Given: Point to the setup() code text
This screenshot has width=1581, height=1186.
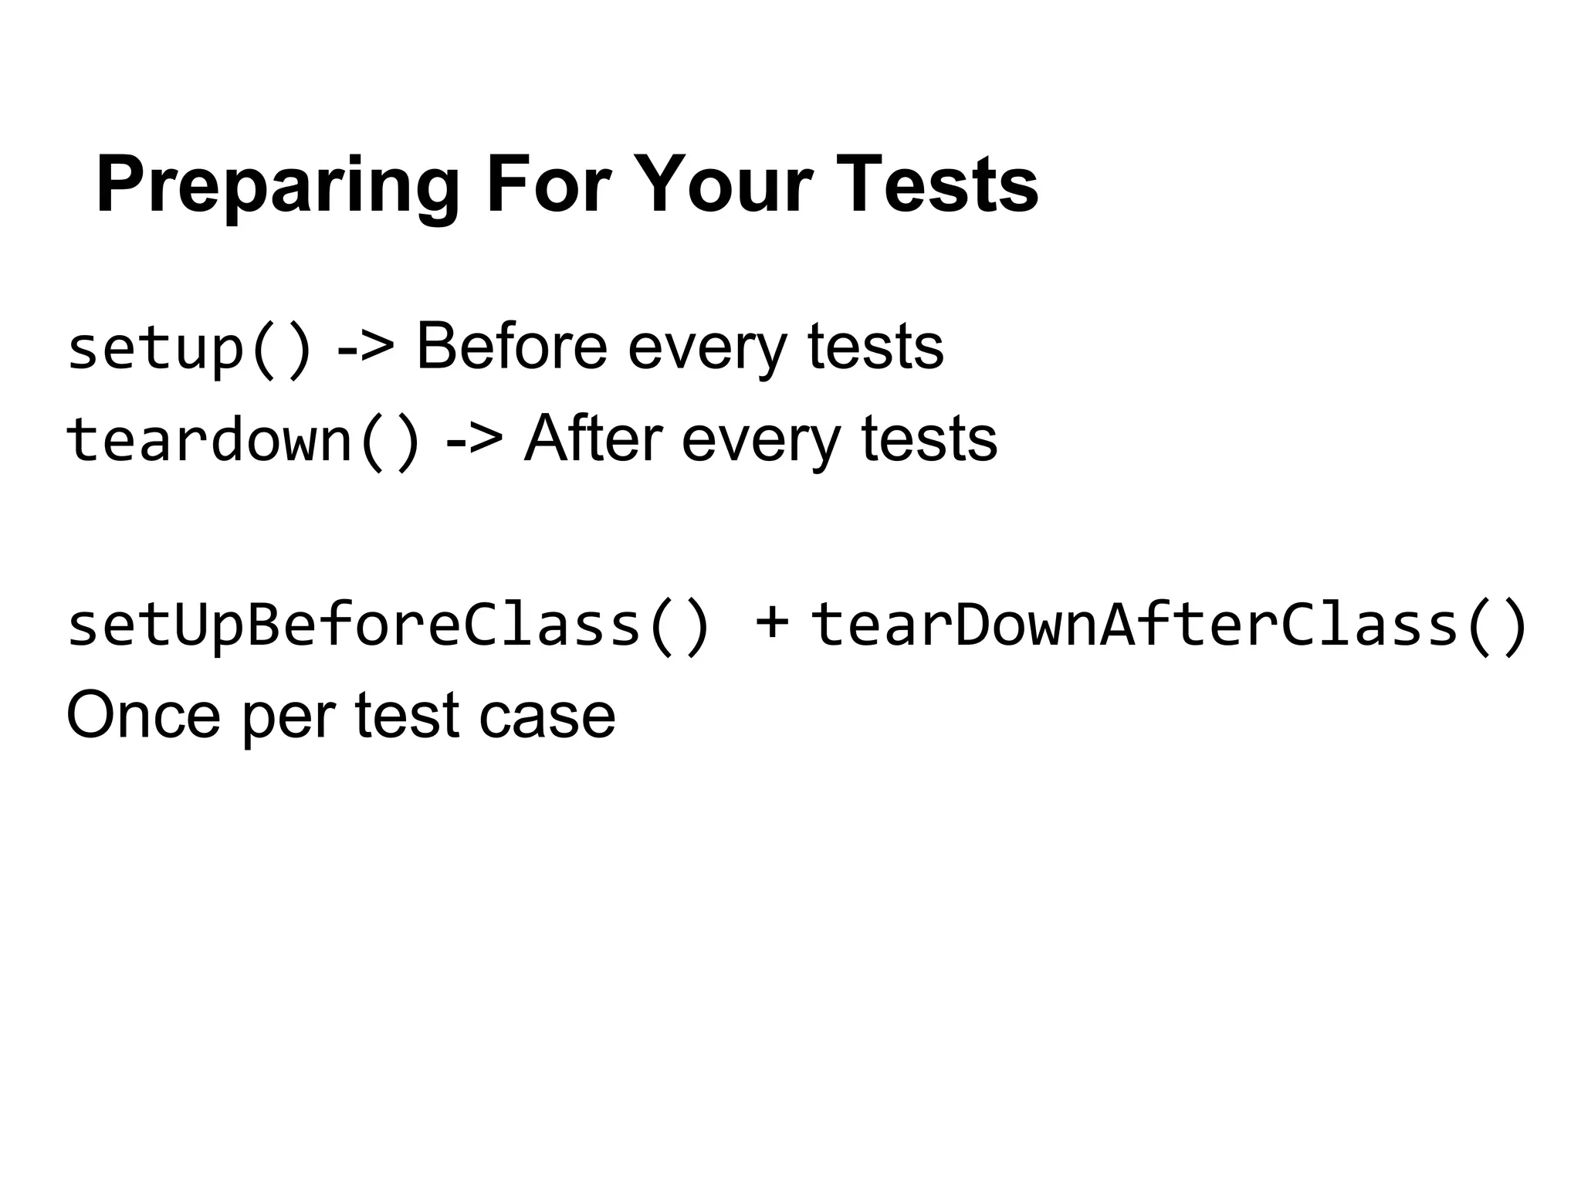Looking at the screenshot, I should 190,348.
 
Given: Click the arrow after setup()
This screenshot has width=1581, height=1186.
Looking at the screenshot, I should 365,348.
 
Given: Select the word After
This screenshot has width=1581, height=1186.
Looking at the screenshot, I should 593,439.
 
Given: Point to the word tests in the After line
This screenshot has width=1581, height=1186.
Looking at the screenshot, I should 929,439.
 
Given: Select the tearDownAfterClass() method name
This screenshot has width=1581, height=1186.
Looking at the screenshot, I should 1169,625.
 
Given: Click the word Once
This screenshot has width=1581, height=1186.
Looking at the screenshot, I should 144,716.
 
